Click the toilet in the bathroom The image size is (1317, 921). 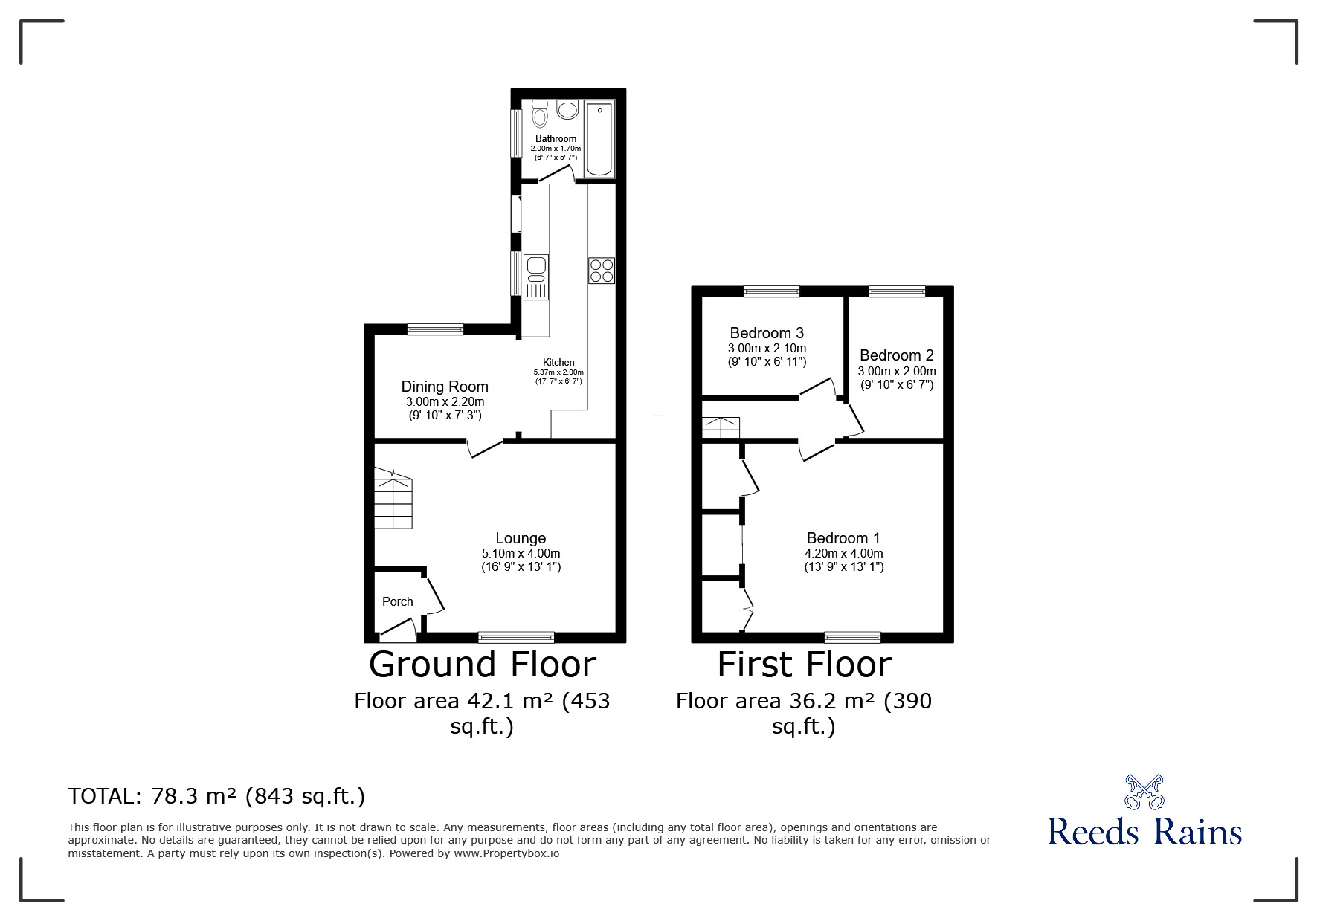pyautogui.click(x=540, y=114)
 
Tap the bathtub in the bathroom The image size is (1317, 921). pyautogui.click(x=599, y=139)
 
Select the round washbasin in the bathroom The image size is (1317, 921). pyautogui.click(x=567, y=110)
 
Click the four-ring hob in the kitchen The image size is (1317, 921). pyautogui.click(x=602, y=270)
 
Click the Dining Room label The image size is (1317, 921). pyautogui.click(x=445, y=387)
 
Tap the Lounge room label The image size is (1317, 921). pyautogui.click(x=521, y=538)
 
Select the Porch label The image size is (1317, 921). pyautogui.click(x=398, y=601)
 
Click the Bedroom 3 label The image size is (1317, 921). pyautogui.click(x=767, y=333)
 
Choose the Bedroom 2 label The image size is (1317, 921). pyautogui.click(x=896, y=355)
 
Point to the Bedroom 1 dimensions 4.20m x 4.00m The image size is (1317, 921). pyautogui.click(x=844, y=553)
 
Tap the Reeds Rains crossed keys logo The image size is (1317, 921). pyautogui.click(x=1144, y=792)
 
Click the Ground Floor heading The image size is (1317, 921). pyautogui.click(x=483, y=665)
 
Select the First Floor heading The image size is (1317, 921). pyautogui.click(x=804, y=665)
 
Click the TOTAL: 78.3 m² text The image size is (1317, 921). pyautogui.click(x=216, y=796)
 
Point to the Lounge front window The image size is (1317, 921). pyautogui.click(x=516, y=636)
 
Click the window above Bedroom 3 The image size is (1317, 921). pyautogui.click(x=771, y=291)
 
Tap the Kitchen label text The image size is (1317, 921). pyautogui.click(x=558, y=363)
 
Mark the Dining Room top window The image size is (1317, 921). pyautogui.click(x=435, y=329)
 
